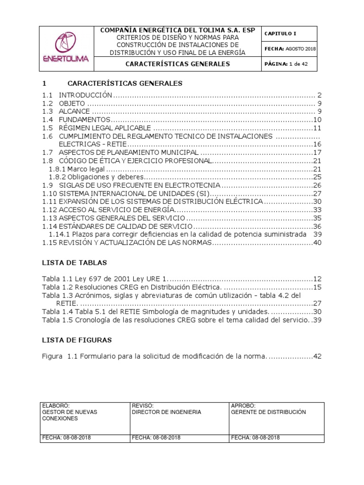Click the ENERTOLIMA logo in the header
tap(67, 48)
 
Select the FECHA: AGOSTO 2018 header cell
tap(290, 48)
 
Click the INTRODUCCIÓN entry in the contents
tap(85, 95)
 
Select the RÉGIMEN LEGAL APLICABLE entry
tap(105, 128)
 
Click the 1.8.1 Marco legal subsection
tap(77, 169)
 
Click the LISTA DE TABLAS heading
tap(74, 262)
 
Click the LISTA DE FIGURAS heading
tap(77, 340)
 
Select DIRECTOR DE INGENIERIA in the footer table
tap(166, 412)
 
